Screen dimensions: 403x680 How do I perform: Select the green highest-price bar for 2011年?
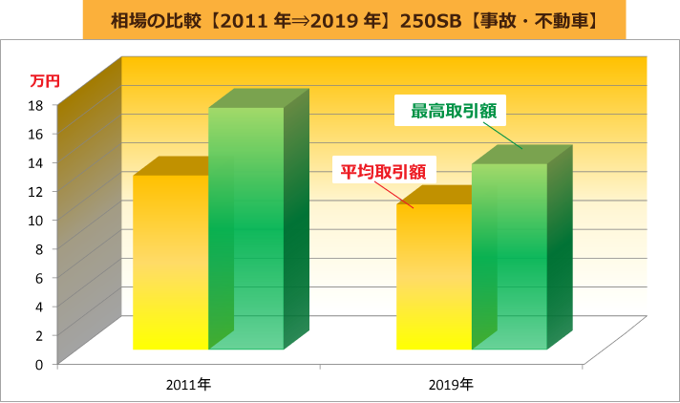(246, 229)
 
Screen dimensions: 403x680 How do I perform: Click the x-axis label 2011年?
(187, 385)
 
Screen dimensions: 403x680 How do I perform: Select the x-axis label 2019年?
(450, 385)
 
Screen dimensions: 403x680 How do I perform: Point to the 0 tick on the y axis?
(39, 364)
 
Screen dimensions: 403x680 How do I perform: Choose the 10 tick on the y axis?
(39, 220)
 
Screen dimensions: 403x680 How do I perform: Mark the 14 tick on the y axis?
(39, 161)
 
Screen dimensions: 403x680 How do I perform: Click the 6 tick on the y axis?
(39, 277)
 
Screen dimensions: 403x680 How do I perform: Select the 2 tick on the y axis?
(39, 334)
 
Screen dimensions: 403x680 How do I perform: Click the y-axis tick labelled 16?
(39, 133)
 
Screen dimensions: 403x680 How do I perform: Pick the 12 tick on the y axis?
(39, 191)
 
